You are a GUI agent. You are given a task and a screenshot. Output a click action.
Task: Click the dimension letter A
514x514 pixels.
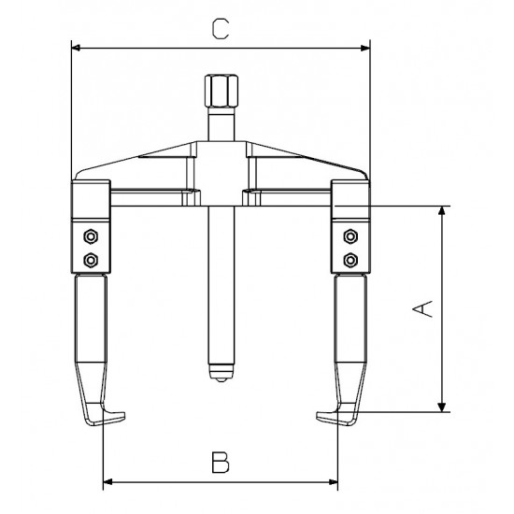[423, 307]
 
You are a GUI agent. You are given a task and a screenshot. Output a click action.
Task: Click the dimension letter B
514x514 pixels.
[219, 461]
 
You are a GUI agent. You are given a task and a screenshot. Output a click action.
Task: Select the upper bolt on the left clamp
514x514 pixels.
[91, 234]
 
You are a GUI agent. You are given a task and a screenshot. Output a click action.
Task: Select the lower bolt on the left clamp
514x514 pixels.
[91, 257]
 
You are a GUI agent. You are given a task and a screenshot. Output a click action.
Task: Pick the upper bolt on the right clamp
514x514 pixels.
[350, 234]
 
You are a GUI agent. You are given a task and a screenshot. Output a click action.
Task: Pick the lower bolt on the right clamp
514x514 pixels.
[350, 257]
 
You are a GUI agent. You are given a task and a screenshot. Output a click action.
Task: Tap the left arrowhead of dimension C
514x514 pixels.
[76, 47]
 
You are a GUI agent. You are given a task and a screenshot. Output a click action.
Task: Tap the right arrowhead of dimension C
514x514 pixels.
[366, 47]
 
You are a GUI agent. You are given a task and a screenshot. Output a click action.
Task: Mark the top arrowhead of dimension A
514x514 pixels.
[439, 210]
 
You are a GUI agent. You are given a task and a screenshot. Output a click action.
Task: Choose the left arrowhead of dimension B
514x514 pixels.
[106, 482]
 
